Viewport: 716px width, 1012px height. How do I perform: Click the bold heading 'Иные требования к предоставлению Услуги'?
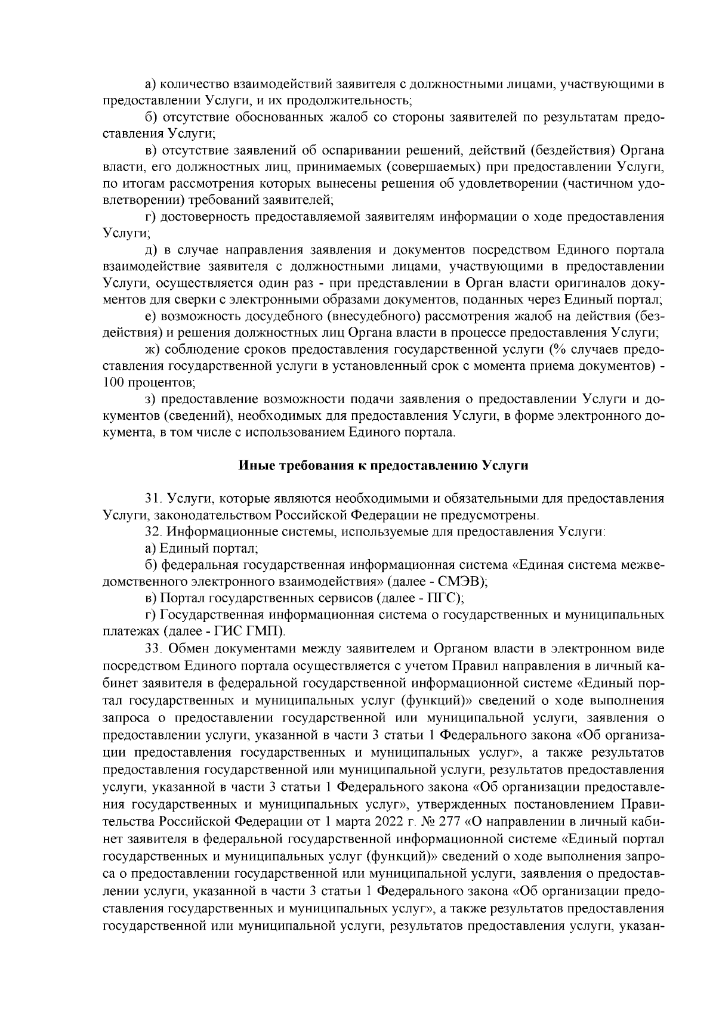tap(384, 466)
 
